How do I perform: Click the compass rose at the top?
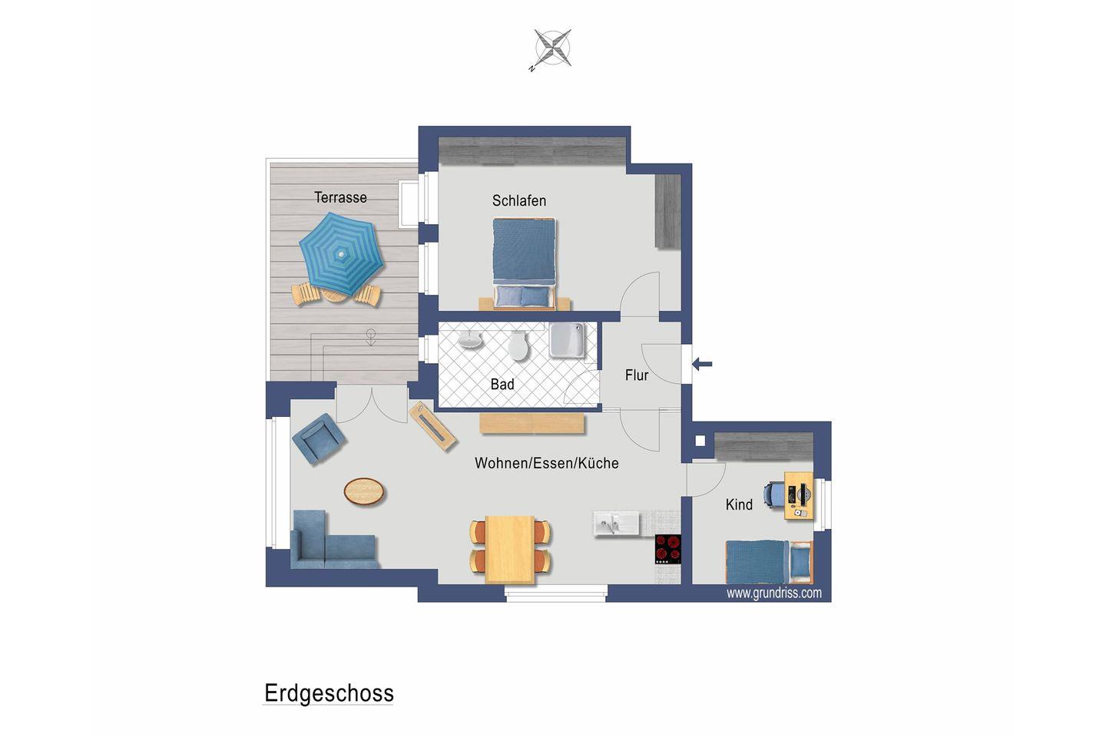point(552,48)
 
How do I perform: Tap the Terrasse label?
point(341,197)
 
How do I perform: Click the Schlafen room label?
point(519,201)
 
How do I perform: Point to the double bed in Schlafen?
point(525,263)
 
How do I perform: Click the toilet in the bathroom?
point(518,345)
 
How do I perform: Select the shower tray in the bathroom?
point(567,339)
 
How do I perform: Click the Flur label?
point(637,375)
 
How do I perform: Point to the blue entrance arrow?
point(702,365)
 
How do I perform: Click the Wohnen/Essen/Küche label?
point(547,463)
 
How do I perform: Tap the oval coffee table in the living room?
point(364,491)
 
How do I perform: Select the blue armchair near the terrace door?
point(319,439)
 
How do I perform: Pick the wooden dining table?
point(509,550)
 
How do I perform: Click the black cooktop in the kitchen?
point(668,549)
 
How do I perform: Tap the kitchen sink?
point(616,524)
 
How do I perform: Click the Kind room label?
point(739,504)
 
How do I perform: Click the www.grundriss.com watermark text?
point(773,593)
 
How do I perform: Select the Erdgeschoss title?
point(329,693)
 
